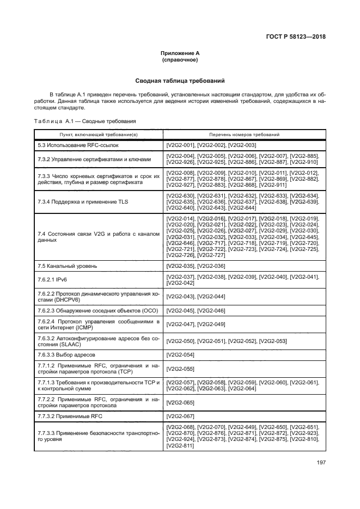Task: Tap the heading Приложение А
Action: tap(180, 53)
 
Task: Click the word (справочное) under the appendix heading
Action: tap(180, 59)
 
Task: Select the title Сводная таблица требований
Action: tap(180, 81)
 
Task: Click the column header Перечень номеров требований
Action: tap(244, 134)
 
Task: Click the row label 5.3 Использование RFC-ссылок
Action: tap(77, 146)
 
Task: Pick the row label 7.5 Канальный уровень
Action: tap(68, 266)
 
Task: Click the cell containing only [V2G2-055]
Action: tap(181, 369)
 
